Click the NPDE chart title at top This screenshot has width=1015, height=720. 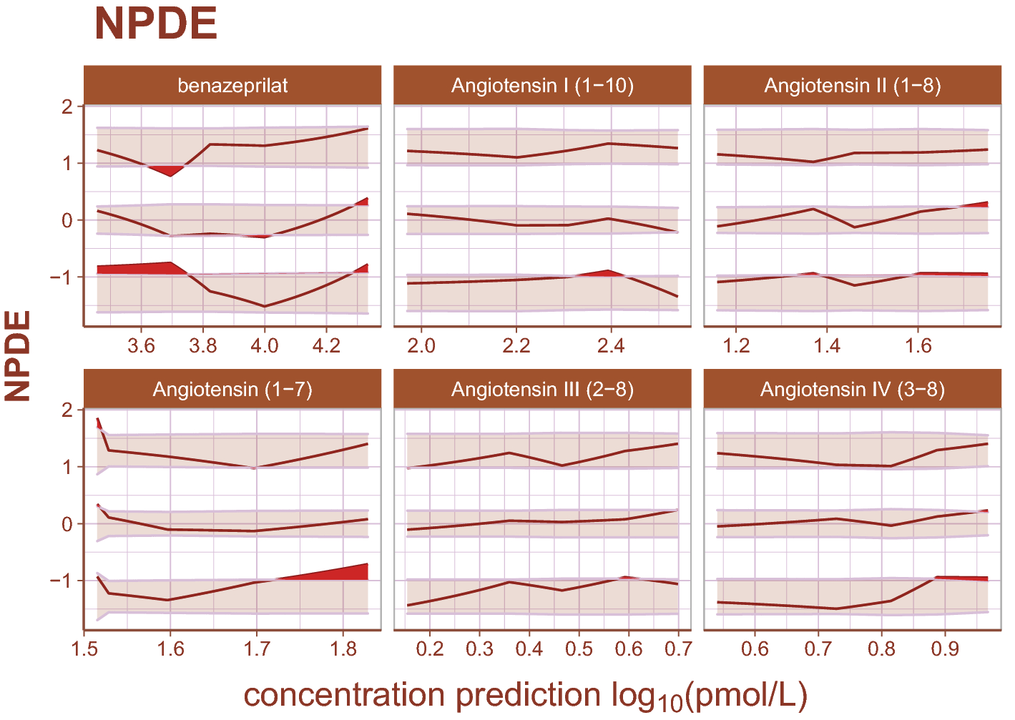[x=155, y=24]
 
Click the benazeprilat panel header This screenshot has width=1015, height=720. [x=232, y=86]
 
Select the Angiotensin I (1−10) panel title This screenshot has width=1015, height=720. [x=542, y=86]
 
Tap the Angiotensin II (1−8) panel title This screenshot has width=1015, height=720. [x=852, y=86]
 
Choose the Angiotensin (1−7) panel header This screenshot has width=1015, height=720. [x=232, y=390]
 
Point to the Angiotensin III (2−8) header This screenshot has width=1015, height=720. [x=542, y=390]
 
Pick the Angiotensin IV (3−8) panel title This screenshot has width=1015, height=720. [x=852, y=390]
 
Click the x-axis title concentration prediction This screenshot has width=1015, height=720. [x=526, y=696]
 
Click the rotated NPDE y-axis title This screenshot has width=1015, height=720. [x=18, y=355]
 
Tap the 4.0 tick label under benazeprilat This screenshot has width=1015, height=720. [x=265, y=346]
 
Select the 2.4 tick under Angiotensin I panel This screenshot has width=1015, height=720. [x=611, y=346]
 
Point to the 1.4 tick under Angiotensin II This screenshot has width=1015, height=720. [x=827, y=346]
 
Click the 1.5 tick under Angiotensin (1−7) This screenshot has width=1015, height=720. [x=84, y=649]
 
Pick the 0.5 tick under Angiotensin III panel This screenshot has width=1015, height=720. [x=579, y=649]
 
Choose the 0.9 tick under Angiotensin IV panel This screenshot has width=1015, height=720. [x=945, y=649]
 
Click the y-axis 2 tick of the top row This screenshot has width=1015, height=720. [x=67, y=107]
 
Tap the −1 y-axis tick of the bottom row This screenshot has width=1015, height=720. [x=62, y=580]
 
